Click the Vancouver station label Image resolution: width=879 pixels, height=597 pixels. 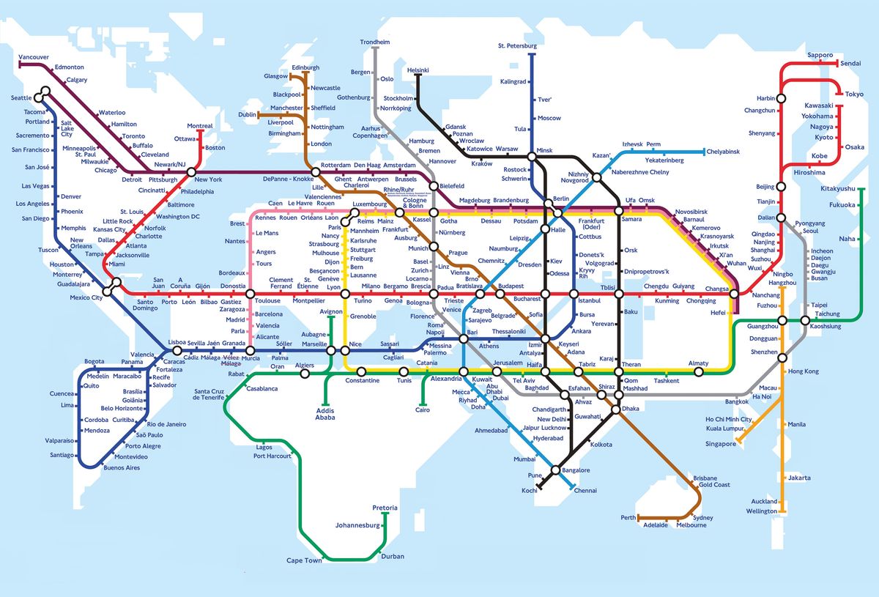tap(33, 57)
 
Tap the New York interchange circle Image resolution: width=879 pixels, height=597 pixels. tap(191, 173)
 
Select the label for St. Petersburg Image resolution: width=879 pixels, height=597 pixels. tap(517, 45)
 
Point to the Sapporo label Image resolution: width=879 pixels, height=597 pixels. tap(820, 55)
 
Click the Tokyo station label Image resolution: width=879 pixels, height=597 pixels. tap(854, 94)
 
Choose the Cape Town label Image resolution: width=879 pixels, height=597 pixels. tap(304, 560)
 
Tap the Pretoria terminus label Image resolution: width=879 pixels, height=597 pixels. tap(385, 508)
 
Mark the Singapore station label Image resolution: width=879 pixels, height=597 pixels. tap(721, 444)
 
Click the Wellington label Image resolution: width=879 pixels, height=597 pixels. tap(762, 511)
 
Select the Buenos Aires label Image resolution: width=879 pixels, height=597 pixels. tap(122, 467)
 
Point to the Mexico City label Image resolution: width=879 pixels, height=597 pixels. tap(86, 298)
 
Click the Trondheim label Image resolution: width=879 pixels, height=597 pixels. tap(374, 42)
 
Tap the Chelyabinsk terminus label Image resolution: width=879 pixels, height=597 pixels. tap(722, 152)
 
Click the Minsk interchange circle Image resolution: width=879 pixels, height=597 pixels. tap(531, 157)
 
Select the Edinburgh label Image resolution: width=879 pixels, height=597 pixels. tap(305, 67)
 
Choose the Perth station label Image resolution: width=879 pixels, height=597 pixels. tap(628, 517)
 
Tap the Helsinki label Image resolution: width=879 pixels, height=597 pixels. tap(418, 70)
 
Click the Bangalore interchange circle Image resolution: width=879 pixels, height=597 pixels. tap(555, 470)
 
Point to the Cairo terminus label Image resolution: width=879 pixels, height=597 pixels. tap(423, 410)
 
